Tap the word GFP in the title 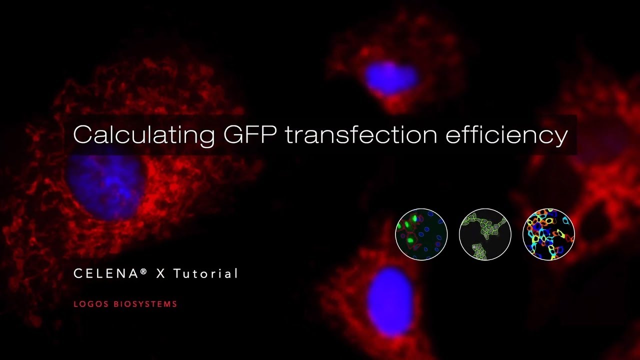250,135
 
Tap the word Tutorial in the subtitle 205,274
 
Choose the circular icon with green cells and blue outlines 421,234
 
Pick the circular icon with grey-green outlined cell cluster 485,234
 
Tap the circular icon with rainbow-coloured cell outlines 548,234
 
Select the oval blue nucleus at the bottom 390,300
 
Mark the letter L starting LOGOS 75,304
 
